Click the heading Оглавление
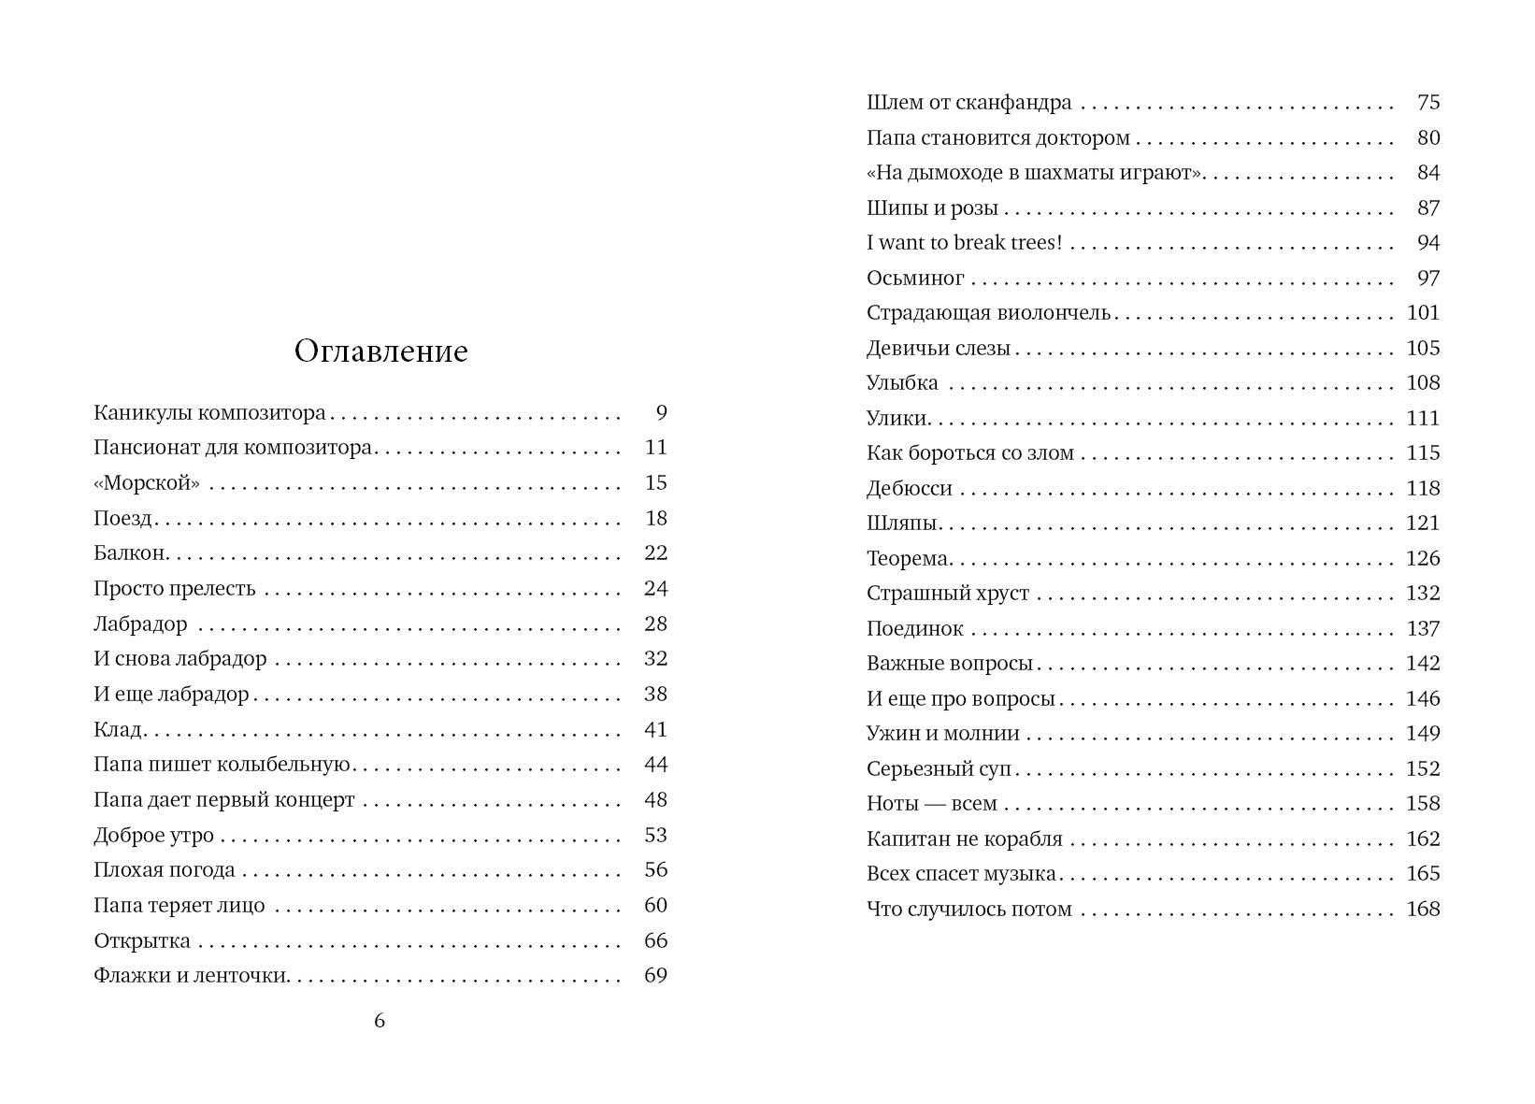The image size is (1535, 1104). click(x=380, y=351)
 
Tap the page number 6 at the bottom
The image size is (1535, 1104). click(x=380, y=1021)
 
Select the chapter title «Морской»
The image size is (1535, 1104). click(x=147, y=483)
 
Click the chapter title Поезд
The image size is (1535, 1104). click(x=122, y=519)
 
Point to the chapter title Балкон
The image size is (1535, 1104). click(x=130, y=553)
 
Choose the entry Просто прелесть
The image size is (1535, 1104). click(x=174, y=589)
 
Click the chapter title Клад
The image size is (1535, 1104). click(x=118, y=730)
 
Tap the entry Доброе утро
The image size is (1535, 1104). click(x=153, y=836)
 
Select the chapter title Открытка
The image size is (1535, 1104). click(x=141, y=941)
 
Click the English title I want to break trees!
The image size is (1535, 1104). click(x=964, y=243)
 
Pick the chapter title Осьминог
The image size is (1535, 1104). click(x=914, y=279)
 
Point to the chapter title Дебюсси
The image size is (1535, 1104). click(x=909, y=489)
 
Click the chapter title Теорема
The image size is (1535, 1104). click(x=908, y=559)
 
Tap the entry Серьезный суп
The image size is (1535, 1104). click(x=939, y=769)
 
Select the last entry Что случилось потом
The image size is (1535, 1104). click(x=968, y=910)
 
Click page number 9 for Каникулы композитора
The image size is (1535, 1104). click(x=662, y=413)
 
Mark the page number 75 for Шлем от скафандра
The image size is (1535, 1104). click(x=1428, y=103)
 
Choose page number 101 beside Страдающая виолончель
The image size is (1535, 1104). click(x=1423, y=313)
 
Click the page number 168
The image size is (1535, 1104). click(x=1423, y=910)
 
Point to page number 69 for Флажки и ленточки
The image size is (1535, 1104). click(x=656, y=976)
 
